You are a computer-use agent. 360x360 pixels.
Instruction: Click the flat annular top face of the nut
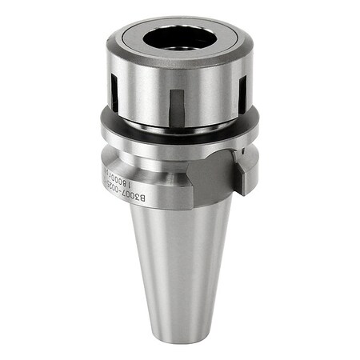[144, 36]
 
